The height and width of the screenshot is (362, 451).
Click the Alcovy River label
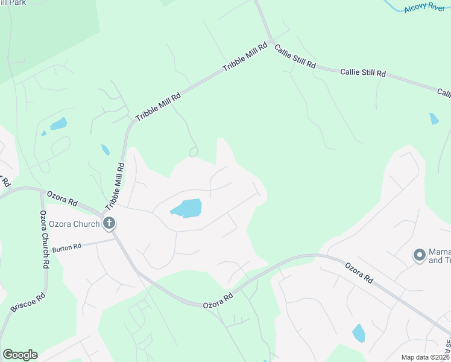(x=424, y=7)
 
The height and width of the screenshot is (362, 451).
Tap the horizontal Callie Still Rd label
(x=362, y=72)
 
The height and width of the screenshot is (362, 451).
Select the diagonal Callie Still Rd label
(x=295, y=56)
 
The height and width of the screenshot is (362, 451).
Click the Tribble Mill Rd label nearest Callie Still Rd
(x=245, y=58)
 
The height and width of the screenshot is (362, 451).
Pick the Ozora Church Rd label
(x=45, y=240)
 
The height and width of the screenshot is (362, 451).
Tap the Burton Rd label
(x=66, y=247)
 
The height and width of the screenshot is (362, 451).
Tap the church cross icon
(x=109, y=224)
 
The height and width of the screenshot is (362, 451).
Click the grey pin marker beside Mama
(x=419, y=255)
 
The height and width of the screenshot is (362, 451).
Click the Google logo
(x=20, y=355)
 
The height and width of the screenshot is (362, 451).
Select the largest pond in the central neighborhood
(x=186, y=208)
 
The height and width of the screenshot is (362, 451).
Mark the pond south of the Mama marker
(x=359, y=332)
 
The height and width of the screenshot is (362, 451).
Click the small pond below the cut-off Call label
(x=434, y=118)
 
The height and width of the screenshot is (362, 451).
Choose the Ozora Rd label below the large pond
(x=218, y=299)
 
